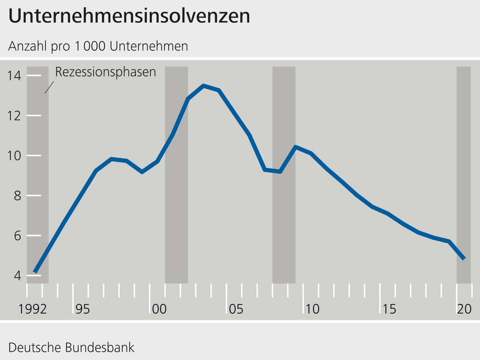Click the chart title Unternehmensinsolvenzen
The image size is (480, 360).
[129, 16]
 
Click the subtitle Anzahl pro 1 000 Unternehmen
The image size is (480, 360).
[98, 46]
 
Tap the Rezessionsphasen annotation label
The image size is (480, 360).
[105, 72]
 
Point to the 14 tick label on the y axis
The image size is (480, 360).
[14, 76]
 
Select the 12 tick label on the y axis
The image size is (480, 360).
[14, 115]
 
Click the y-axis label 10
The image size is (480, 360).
[14, 155]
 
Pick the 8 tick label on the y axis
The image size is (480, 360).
[17, 195]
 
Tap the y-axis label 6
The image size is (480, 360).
[17, 235]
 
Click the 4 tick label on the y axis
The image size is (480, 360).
[17, 275]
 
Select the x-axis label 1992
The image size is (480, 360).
[33, 309]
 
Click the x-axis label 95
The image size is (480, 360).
[82, 309]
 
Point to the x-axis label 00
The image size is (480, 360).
[159, 309]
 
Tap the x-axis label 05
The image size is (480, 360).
[236, 309]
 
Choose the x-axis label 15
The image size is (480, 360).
[389, 309]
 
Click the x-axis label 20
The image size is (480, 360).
[464, 309]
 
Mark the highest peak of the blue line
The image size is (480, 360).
[203, 86]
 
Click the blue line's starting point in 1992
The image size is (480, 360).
[35, 272]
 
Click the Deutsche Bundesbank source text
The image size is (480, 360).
[71, 347]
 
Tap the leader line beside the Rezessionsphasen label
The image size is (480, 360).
[49, 87]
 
